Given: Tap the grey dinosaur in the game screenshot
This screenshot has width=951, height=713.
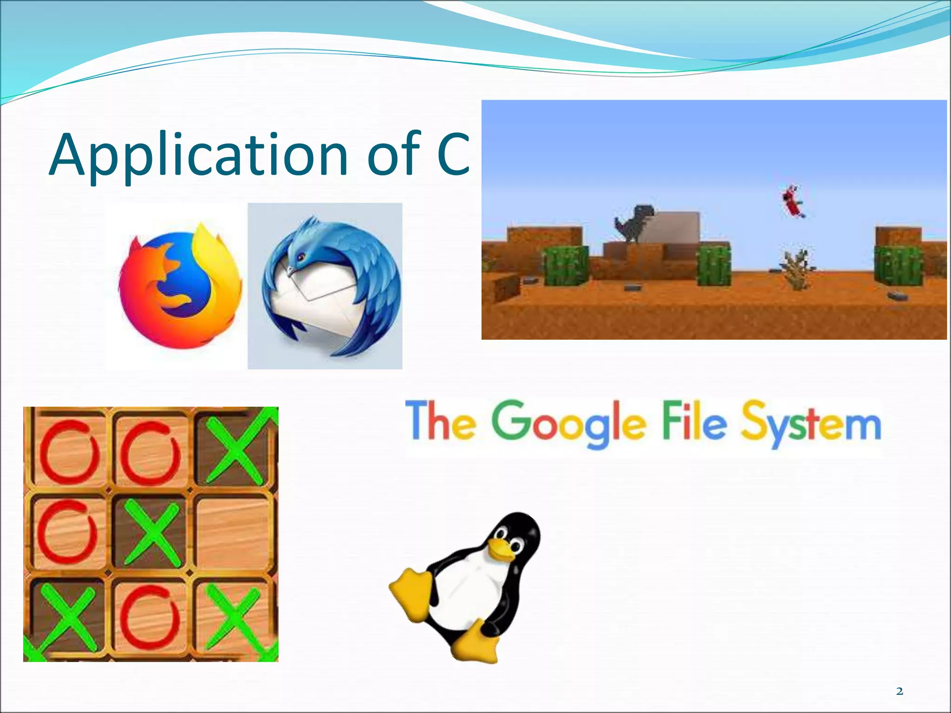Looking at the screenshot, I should [x=633, y=223].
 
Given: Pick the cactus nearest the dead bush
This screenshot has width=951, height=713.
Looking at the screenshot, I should [x=714, y=265].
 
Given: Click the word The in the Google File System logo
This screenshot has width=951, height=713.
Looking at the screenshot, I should [x=441, y=421].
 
